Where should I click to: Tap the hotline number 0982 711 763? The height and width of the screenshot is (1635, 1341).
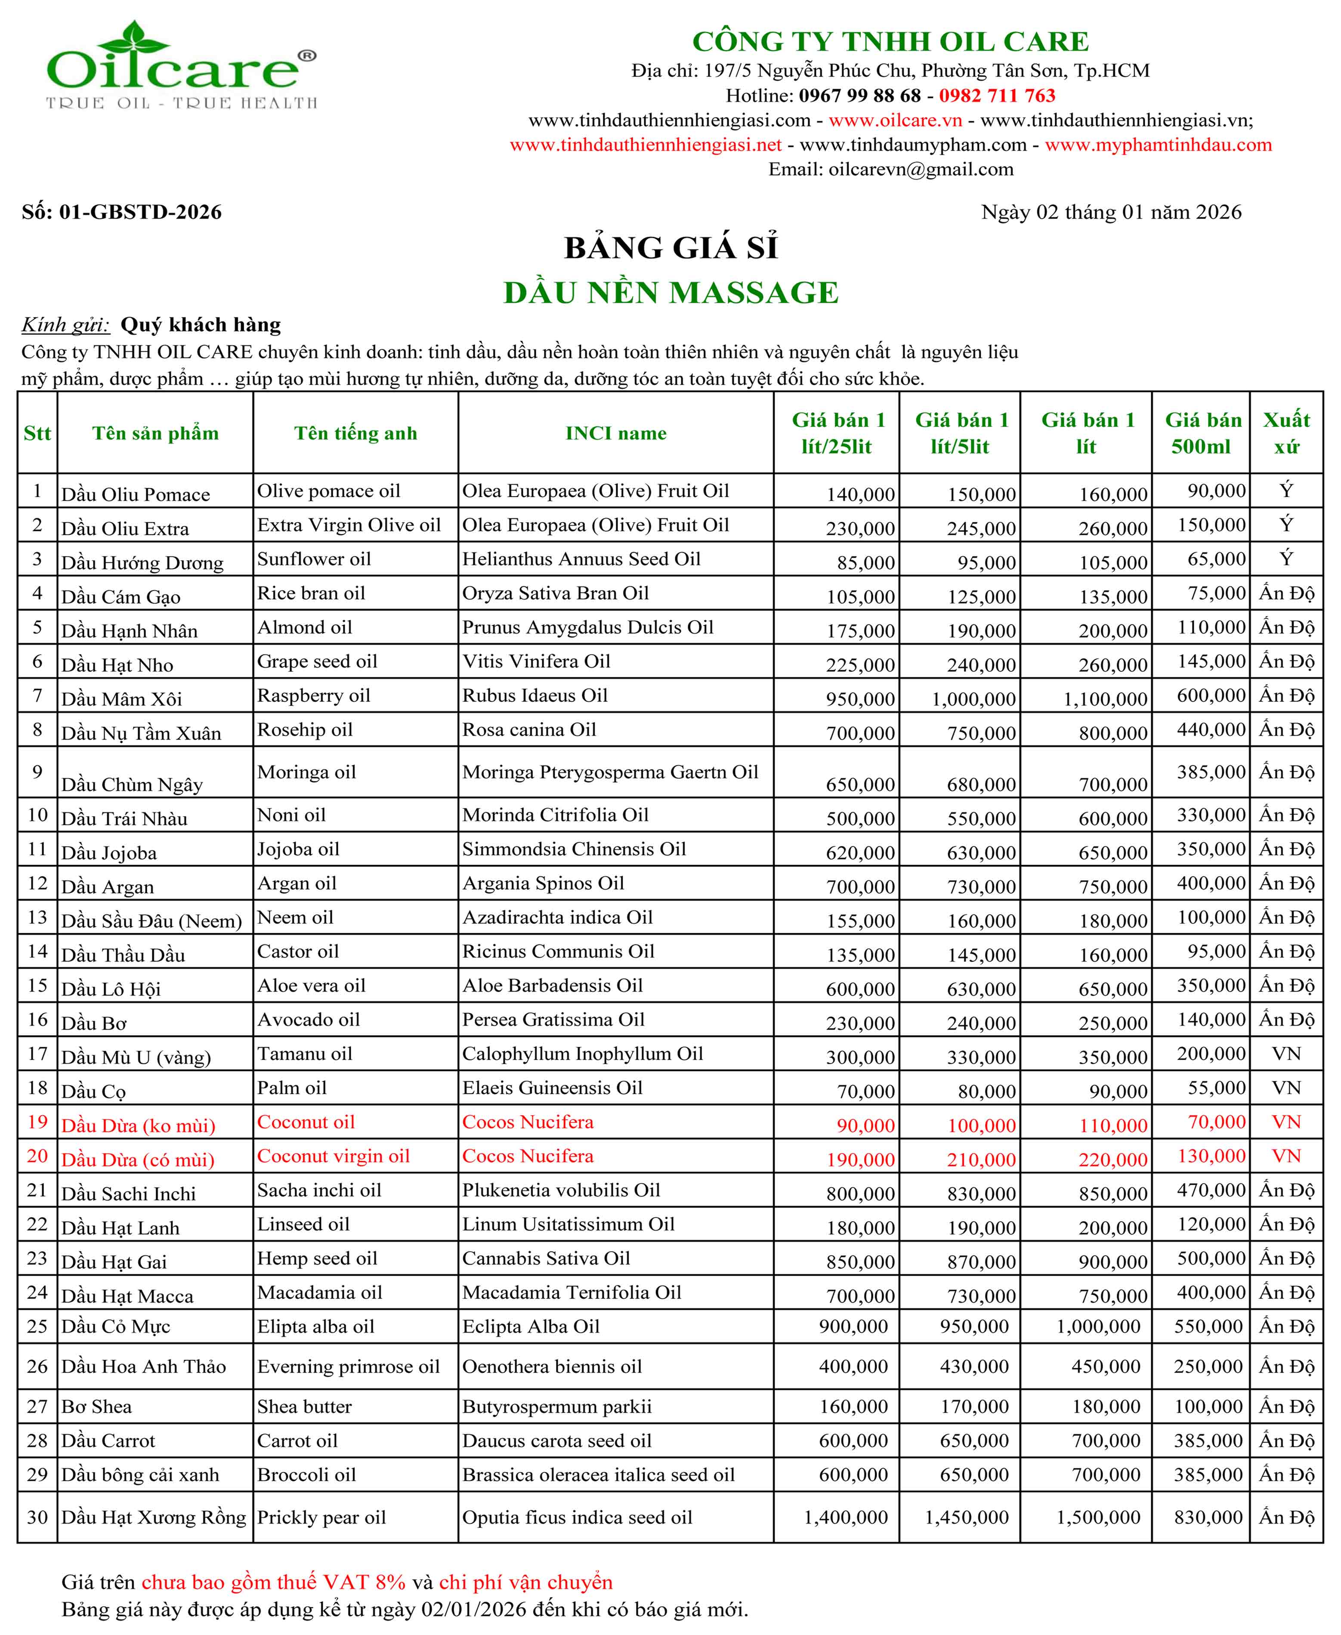(x=996, y=96)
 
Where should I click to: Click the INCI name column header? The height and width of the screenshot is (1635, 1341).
(x=616, y=433)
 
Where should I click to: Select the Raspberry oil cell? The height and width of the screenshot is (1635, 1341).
(x=314, y=696)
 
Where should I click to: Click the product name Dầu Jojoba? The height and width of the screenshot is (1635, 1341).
(x=109, y=853)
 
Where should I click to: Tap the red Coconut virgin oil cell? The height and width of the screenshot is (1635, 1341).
(x=333, y=1156)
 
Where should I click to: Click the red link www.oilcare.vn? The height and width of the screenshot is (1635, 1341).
(x=895, y=120)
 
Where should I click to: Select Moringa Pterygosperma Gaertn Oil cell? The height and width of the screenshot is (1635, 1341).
(x=610, y=772)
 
